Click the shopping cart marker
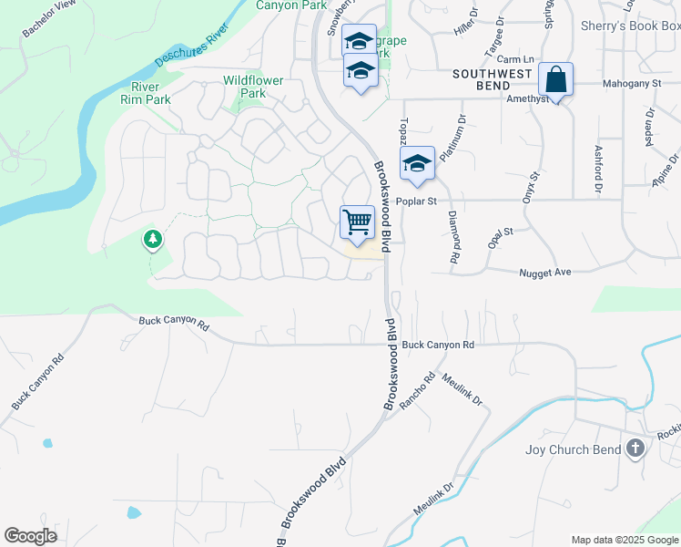tap(358, 222)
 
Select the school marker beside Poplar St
tap(417, 163)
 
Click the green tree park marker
tap(153, 240)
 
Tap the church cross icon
tap(635, 449)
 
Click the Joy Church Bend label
tap(574, 449)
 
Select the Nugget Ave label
tap(544, 272)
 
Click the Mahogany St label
tap(631, 84)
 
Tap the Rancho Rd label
tap(418, 390)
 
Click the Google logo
tap(31, 536)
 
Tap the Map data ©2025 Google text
tap(625, 540)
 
